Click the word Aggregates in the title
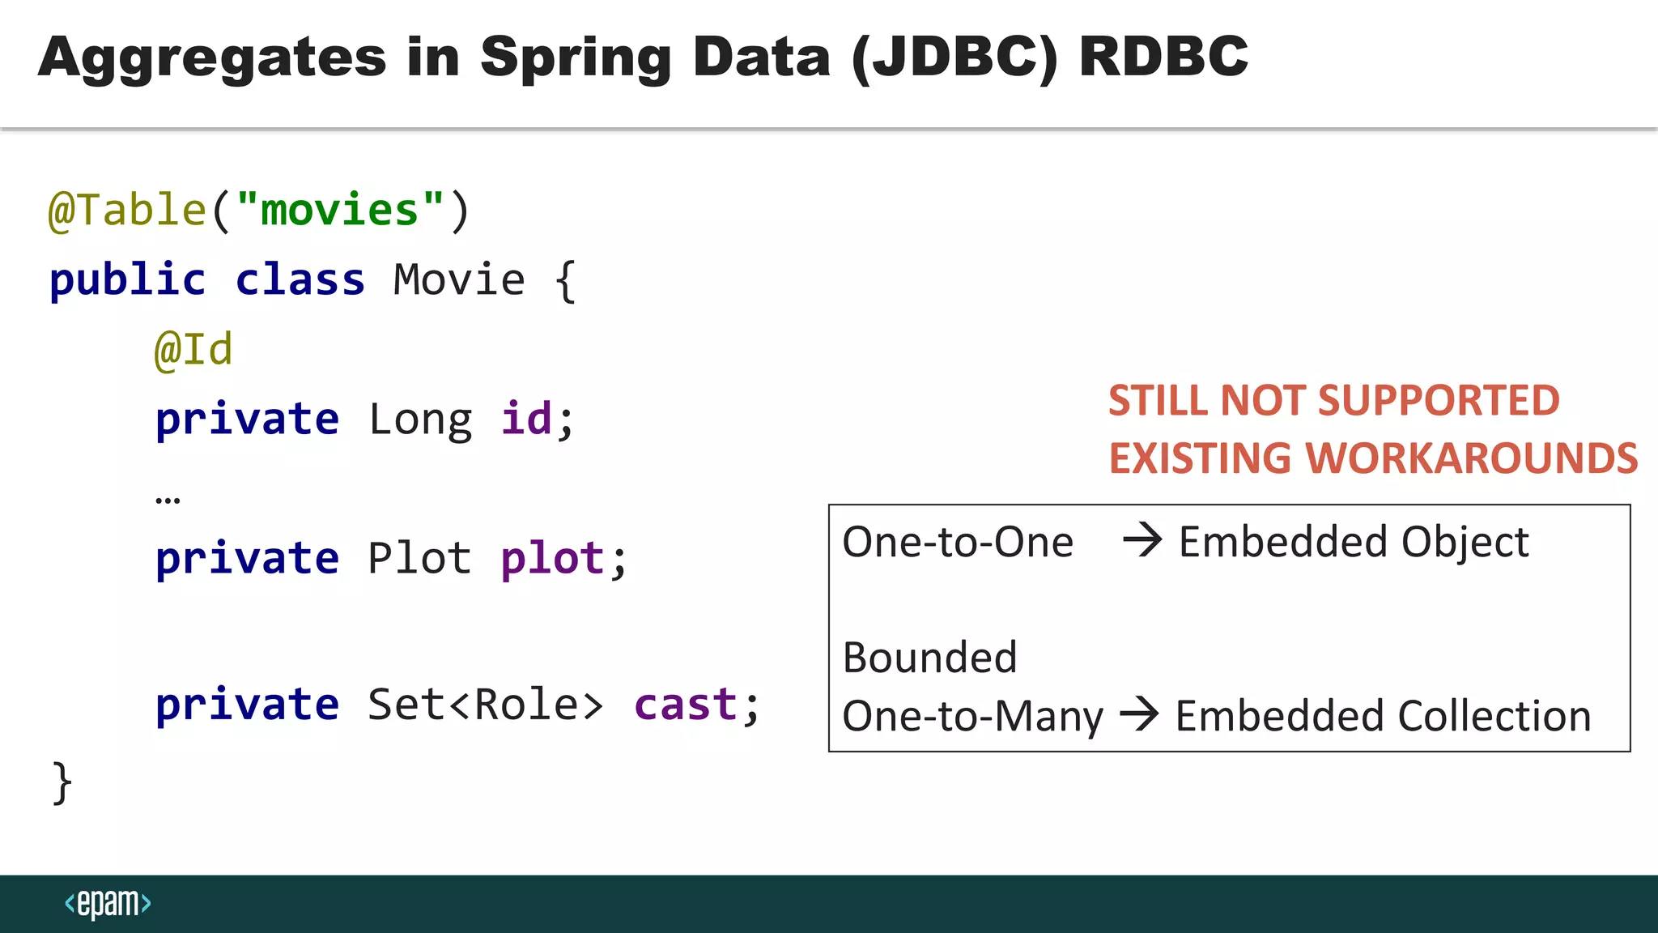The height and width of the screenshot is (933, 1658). [212, 58]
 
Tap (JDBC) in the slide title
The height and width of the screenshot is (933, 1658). [954, 58]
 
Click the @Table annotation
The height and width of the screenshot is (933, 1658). [128, 211]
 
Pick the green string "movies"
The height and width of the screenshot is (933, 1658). [340, 211]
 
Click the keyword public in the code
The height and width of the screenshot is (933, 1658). [128, 280]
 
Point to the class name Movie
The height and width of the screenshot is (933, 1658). [459, 280]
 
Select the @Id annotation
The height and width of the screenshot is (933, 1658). [193, 350]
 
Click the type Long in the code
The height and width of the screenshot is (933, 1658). [420, 420]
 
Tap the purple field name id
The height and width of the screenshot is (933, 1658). [526, 420]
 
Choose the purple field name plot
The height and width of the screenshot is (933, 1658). [552, 559]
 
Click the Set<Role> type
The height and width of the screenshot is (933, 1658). [486, 705]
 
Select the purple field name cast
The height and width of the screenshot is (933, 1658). [686, 705]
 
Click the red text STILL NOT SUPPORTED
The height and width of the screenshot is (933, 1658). [1333, 400]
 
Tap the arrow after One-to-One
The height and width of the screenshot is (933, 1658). [1142, 540]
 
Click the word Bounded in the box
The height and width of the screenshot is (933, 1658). [929, 657]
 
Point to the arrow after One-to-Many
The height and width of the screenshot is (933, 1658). [1139, 714]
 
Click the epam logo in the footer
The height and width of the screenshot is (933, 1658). [108, 903]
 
